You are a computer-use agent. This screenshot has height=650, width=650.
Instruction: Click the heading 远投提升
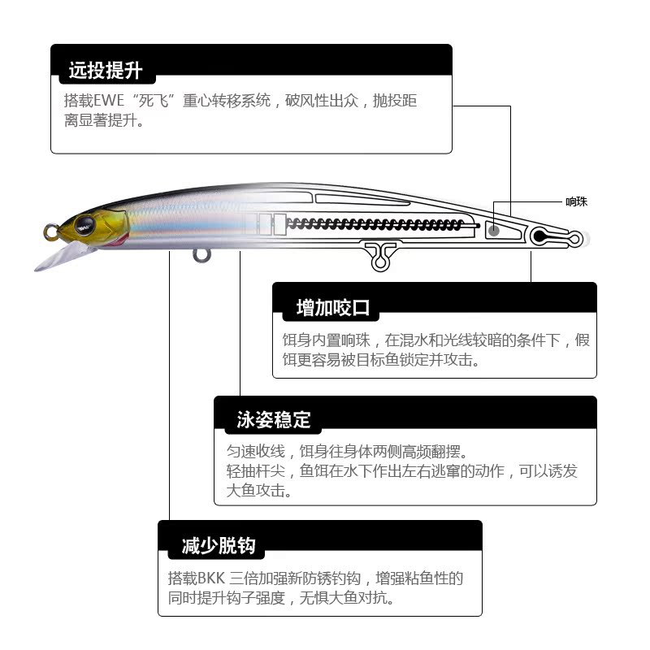[x=106, y=71]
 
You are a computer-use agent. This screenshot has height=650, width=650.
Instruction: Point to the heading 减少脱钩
[x=218, y=545]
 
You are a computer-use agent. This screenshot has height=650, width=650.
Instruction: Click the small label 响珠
[x=576, y=201]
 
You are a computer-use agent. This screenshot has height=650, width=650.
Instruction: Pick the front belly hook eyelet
[x=201, y=255]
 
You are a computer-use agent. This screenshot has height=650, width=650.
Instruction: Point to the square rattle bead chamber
[x=492, y=230]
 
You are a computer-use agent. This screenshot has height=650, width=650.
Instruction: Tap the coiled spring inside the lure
[x=374, y=224]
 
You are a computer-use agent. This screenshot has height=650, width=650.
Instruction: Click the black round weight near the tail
[x=539, y=236]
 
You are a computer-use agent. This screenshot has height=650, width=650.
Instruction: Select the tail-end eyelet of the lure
[x=574, y=239]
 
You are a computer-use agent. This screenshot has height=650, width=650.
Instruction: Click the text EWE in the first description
[x=108, y=102]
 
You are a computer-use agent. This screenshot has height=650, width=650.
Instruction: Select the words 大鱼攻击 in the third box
[x=257, y=491]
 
